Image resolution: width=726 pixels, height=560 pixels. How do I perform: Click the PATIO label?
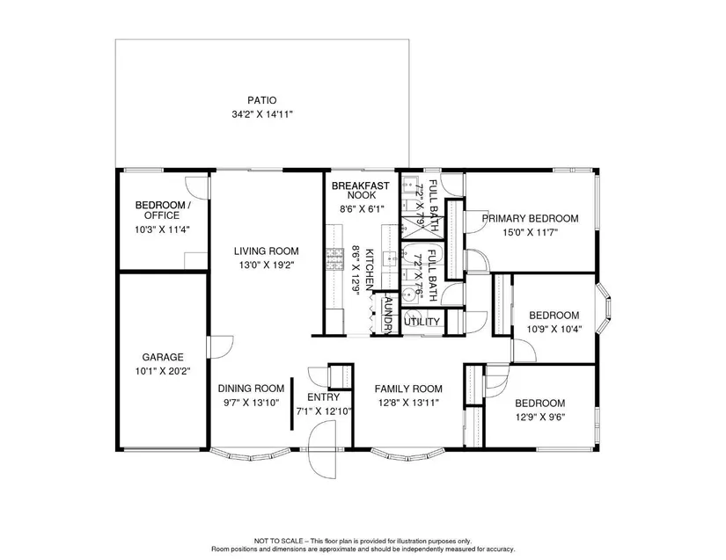pyautogui.click(x=261, y=100)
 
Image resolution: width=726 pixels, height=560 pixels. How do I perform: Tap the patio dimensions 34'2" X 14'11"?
pyautogui.click(x=262, y=114)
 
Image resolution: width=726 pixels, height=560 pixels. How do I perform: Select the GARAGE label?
pyautogui.click(x=163, y=357)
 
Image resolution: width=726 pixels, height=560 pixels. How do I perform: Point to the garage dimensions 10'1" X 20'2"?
pyautogui.click(x=163, y=371)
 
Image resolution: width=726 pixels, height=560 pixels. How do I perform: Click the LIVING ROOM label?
pyautogui.click(x=267, y=251)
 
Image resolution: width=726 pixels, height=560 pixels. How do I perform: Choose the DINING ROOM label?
pyautogui.click(x=251, y=389)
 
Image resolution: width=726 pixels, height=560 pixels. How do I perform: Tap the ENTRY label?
pyautogui.click(x=324, y=397)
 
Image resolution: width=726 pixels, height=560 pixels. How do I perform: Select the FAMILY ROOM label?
pyautogui.click(x=408, y=389)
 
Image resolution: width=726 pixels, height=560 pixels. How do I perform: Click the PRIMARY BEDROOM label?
pyautogui.click(x=530, y=218)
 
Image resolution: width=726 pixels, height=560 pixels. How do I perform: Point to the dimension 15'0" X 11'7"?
pyautogui.click(x=530, y=232)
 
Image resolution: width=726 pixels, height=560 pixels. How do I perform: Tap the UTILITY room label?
pyautogui.click(x=422, y=322)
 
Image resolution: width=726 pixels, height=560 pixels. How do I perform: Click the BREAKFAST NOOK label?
pyautogui.click(x=361, y=191)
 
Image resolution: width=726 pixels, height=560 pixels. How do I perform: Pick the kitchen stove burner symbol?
pyautogui.click(x=334, y=259)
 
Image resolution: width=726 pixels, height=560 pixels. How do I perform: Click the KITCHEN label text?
pyautogui.click(x=370, y=270)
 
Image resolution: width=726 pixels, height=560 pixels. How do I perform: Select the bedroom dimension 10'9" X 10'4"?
pyautogui.click(x=554, y=330)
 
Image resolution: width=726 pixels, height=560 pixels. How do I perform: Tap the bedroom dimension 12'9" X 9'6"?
pyautogui.click(x=540, y=417)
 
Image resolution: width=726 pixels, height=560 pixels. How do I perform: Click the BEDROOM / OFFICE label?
pyautogui.click(x=160, y=210)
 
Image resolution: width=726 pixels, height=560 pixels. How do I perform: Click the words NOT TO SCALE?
pyautogui.click(x=278, y=541)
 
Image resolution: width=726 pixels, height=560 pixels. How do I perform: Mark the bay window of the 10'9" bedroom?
pyautogui.click(x=605, y=308)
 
